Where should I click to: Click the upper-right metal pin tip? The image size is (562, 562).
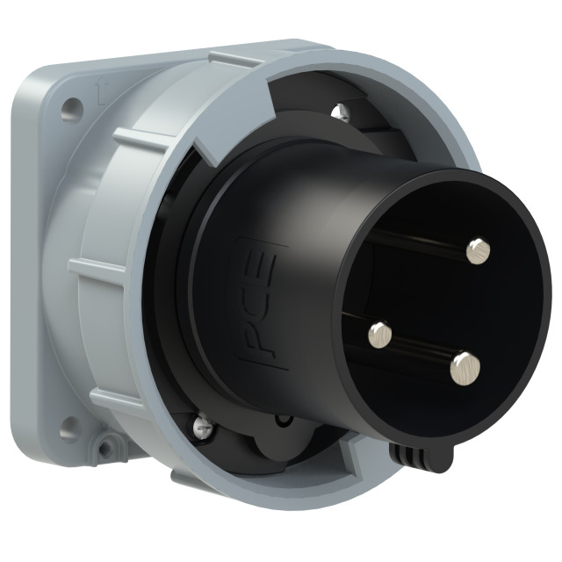click(x=479, y=250)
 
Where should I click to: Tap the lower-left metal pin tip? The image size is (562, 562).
click(x=380, y=334)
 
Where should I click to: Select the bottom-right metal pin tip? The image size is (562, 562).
click(x=465, y=369)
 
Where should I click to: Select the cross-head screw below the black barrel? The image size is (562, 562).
click(x=204, y=424)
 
